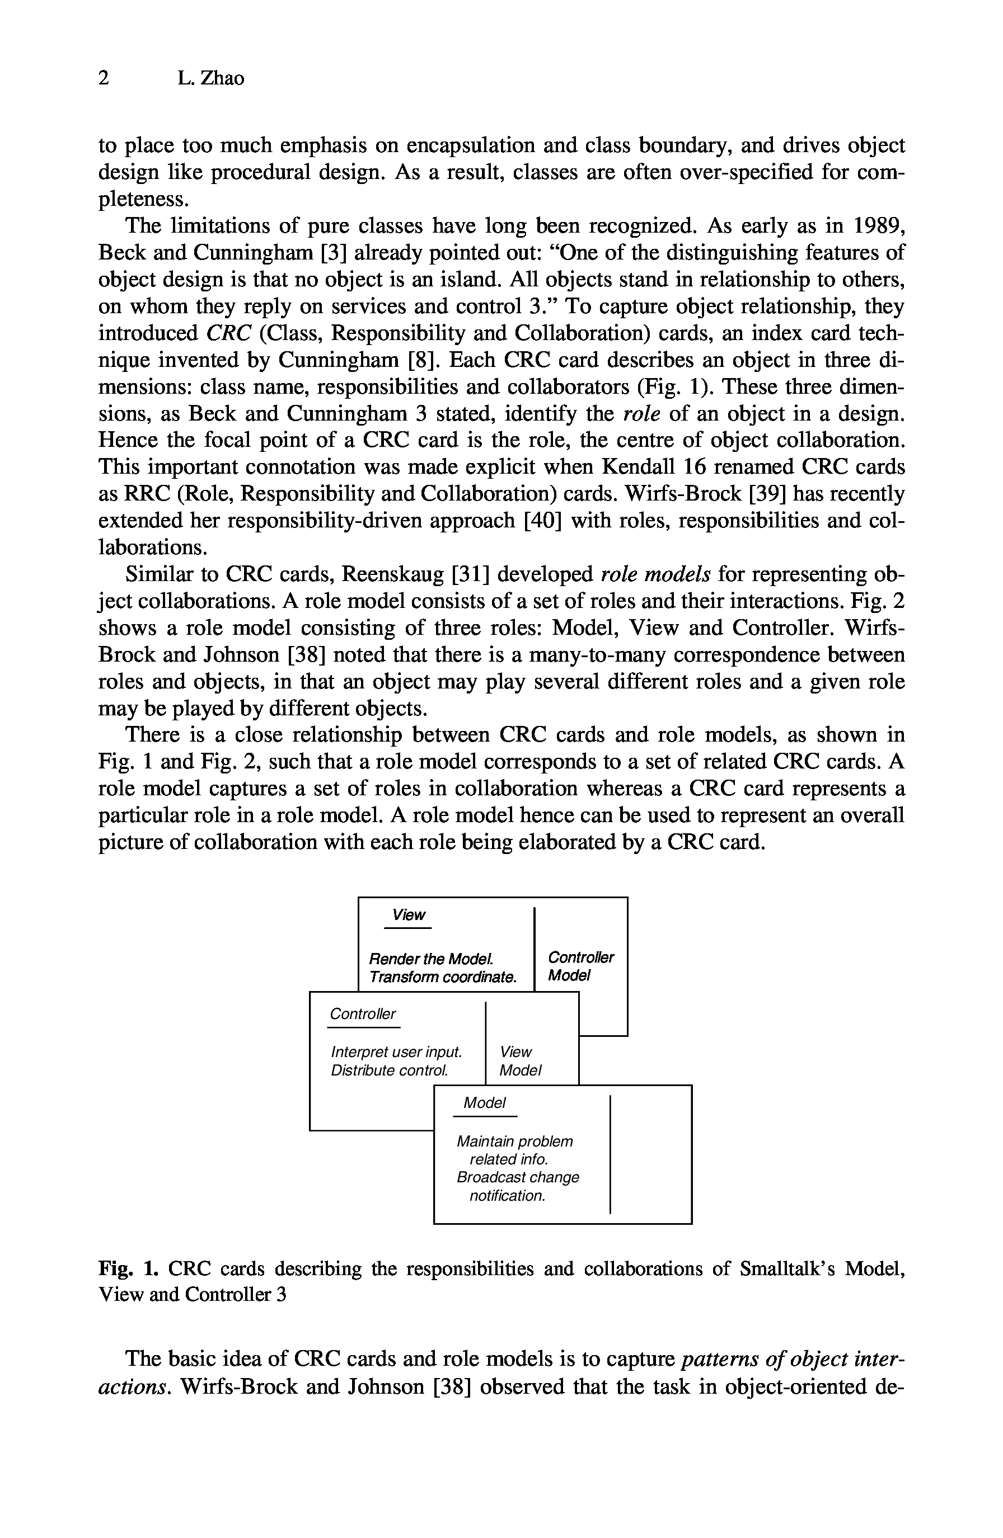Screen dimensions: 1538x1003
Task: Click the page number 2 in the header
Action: click(104, 78)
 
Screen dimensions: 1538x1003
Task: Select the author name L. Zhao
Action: click(211, 78)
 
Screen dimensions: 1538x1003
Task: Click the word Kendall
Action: click(648, 466)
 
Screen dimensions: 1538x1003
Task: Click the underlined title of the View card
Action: click(409, 915)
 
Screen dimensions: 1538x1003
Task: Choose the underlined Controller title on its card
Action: click(363, 1014)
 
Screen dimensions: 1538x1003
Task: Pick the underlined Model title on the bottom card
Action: click(484, 1103)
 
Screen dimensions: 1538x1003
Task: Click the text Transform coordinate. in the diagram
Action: click(443, 977)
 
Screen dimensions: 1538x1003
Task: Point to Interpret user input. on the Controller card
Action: click(396, 1052)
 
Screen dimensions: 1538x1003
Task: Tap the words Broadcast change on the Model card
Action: click(518, 1177)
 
